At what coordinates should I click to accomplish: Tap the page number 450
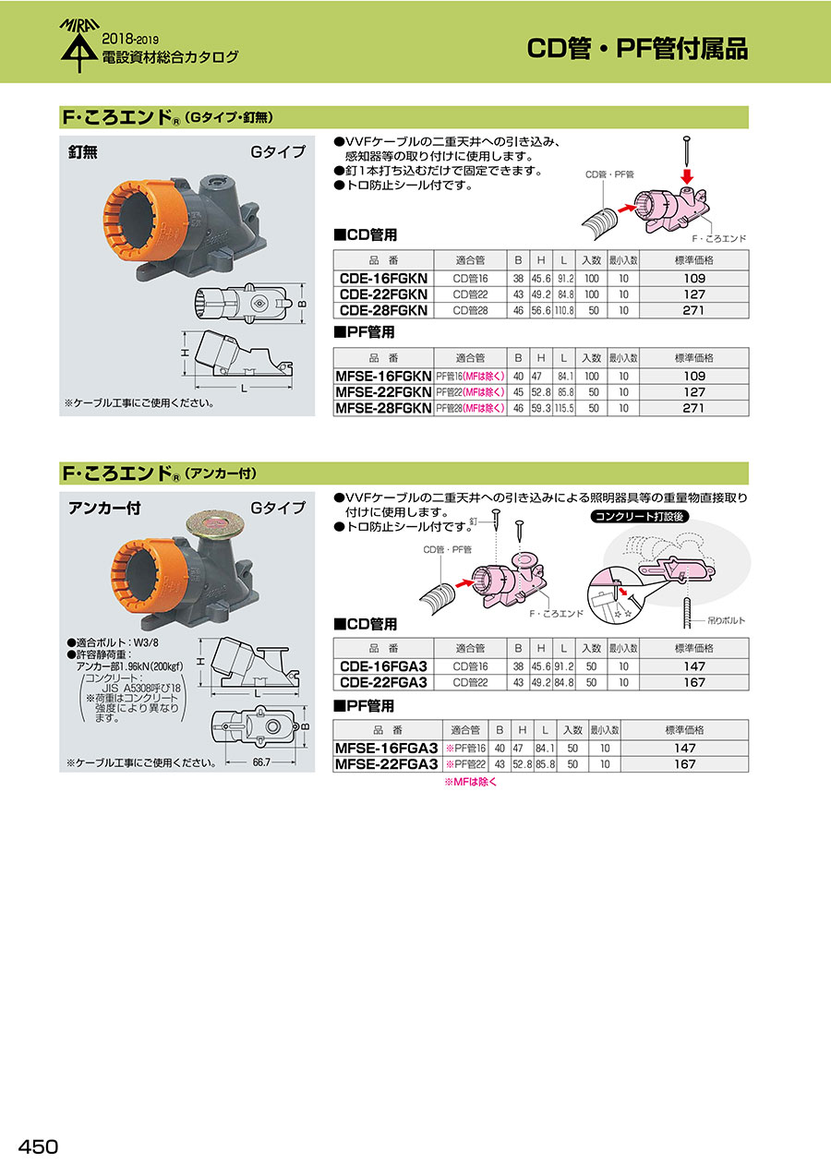tap(38, 1146)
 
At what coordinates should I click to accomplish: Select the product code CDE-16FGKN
tap(383, 278)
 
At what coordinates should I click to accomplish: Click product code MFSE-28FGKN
tap(383, 408)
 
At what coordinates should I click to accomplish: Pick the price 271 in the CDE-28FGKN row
tap(693, 310)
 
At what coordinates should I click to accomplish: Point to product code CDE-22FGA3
tap(383, 682)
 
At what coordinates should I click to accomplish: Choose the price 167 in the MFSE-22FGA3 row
tap(684, 763)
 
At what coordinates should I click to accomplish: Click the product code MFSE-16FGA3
tap(386, 748)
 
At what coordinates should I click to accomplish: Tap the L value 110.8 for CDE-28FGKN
tap(564, 310)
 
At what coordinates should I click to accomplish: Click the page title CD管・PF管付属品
tap(637, 48)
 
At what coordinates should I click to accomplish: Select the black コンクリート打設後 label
tap(639, 517)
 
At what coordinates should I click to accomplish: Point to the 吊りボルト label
tap(726, 620)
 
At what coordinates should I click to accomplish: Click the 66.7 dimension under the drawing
tap(260, 761)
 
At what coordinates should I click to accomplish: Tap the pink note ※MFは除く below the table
tap(471, 782)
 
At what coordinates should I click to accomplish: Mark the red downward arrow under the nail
tap(687, 175)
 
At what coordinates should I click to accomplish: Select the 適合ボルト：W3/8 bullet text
tap(113, 642)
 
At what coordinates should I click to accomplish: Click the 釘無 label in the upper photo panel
tap(83, 152)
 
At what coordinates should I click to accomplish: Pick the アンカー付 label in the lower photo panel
tap(104, 509)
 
